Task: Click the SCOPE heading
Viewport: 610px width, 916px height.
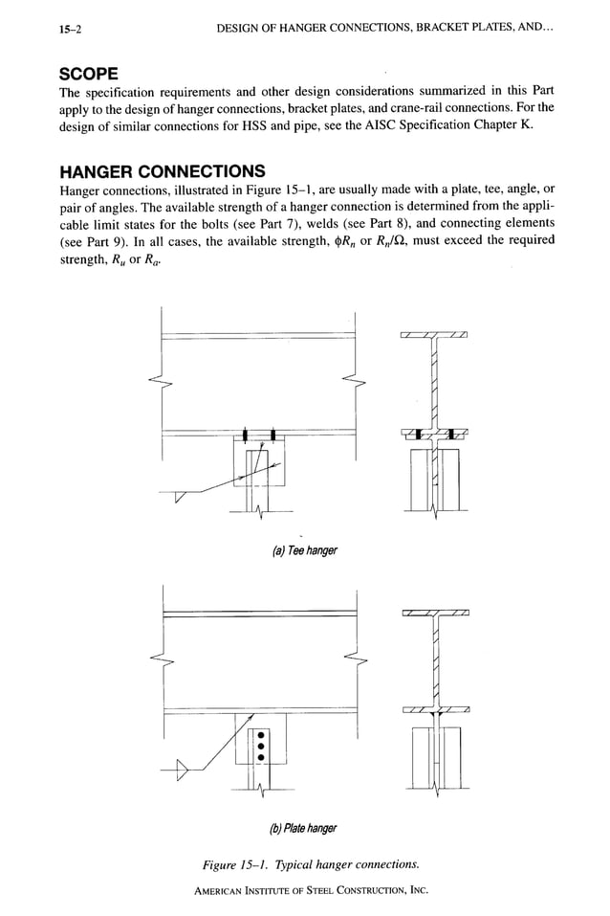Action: (x=89, y=74)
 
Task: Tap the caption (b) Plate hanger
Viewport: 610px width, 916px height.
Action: (x=305, y=827)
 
